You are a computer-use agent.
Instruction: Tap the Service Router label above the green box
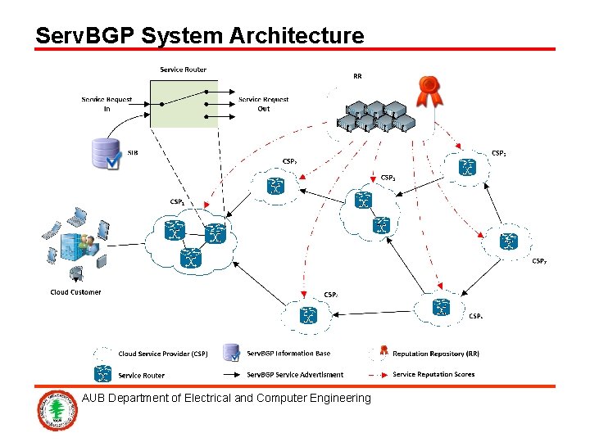pos(183,70)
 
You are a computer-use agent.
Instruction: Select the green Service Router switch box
pos(184,103)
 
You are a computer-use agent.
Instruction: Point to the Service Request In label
pos(107,104)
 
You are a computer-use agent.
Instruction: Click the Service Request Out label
pos(263,104)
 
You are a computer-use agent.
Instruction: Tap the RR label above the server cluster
pos(357,76)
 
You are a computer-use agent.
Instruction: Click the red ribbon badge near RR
pos(428,91)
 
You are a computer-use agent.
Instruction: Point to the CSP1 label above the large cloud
pos(177,202)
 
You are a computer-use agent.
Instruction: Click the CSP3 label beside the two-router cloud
pos(388,178)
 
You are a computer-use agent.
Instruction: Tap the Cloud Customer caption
pos(75,292)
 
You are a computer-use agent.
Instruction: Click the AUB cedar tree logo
pos(57,412)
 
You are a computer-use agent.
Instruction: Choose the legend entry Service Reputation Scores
pos(433,374)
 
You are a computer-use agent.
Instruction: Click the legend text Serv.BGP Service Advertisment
pos(295,374)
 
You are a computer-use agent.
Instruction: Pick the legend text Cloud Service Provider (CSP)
pos(163,354)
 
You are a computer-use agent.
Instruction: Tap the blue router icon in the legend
pos(103,374)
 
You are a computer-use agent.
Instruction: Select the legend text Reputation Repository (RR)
pos(436,354)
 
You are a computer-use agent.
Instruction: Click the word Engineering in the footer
pos(338,398)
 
